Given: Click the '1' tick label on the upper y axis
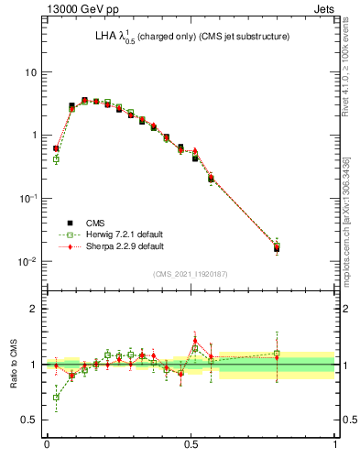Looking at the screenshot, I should coord(34,136).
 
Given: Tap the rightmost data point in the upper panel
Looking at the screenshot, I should coord(277,247).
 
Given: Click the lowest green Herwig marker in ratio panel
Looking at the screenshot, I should coord(56,398).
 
